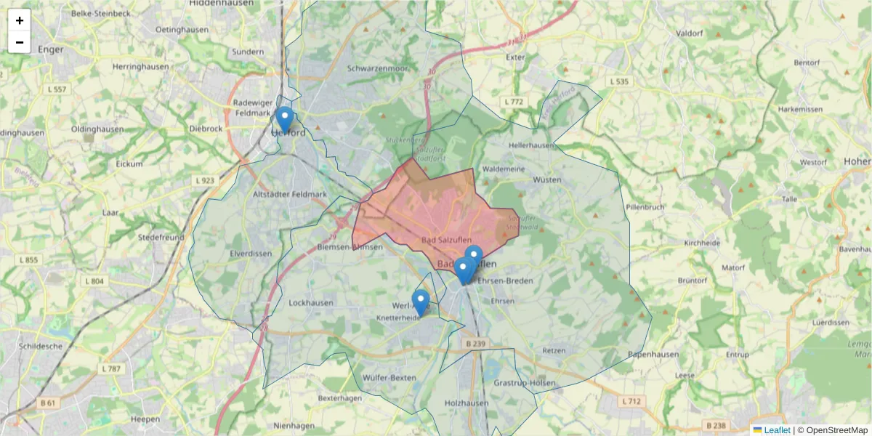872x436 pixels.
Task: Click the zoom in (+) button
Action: pyautogui.click(x=20, y=20)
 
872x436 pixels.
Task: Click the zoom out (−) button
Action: pyautogui.click(x=20, y=42)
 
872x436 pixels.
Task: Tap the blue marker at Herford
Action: pyautogui.click(x=285, y=118)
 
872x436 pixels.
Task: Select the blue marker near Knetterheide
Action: pyautogui.click(x=421, y=302)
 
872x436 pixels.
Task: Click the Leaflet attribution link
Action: pyautogui.click(x=776, y=430)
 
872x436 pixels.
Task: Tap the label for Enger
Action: pyautogui.click(x=51, y=49)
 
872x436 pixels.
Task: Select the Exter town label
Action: pyautogui.click(x=515, y=57)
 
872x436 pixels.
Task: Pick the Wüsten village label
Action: pyautogui.click(x=547, y=179)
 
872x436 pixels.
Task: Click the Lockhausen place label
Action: pyautogui.click(x=311, y=302)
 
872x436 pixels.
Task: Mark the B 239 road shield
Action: pyautogui.click(x=475, y=343)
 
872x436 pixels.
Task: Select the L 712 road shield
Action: pyautogui.click(x=631, y=401)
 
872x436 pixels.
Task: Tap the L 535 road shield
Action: pyautogui.click(x=619, y=81)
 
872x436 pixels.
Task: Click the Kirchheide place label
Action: pyautogui.click(x=702, y=243)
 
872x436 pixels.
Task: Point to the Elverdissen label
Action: pyautogui.click(x=250, y=254)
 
